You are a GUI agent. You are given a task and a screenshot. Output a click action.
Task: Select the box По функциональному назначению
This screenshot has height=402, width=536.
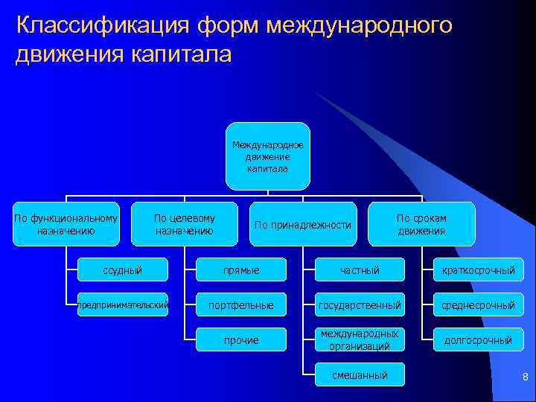(x=66, y=223)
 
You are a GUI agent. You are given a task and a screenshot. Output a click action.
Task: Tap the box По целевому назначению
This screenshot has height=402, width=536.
(x=184, y=223)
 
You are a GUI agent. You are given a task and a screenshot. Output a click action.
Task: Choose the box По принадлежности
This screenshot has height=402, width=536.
(x=302, y=224)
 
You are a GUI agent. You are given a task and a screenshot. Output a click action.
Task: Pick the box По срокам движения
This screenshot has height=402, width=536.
(x=421, y=223)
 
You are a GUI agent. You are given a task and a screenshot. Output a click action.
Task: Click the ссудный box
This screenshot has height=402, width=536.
(x=122, y=269)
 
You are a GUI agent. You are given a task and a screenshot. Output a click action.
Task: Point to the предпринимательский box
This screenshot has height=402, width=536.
(x=122, y=304)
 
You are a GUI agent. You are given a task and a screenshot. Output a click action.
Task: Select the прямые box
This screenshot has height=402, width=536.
(x=241, y=269)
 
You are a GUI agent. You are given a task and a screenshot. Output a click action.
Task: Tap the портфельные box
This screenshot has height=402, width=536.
(x=241, y=304)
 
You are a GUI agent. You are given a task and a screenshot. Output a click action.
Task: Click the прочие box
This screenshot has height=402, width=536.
(x=241, y=339)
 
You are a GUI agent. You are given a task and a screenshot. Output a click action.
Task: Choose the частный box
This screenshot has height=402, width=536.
(x=360, y=269)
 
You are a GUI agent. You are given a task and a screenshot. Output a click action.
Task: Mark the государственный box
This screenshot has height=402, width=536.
(x=360, y=304)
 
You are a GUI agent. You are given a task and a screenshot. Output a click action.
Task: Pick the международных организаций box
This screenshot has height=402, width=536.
(x=360, y=339)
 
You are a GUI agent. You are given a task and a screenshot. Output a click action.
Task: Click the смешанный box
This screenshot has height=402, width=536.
(x=360, y=374)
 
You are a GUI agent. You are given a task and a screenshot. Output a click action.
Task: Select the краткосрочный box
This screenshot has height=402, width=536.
(x=479, y=269)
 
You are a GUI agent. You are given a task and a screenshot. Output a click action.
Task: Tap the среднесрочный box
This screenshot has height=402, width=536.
(x=479, y=304)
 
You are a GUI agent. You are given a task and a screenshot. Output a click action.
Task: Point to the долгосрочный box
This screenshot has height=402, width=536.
(x=479, y=339)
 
